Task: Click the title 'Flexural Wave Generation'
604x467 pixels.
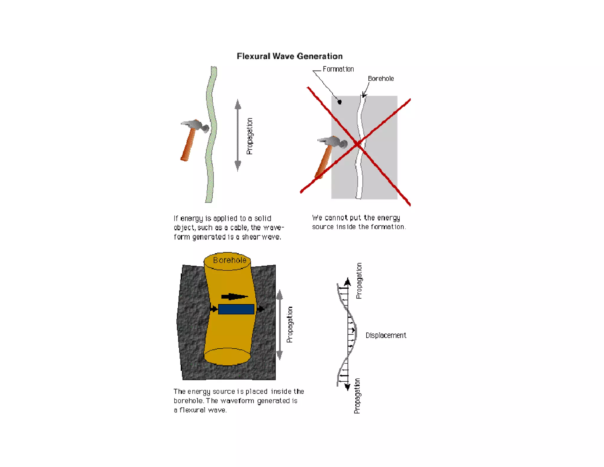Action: tap(290, 56)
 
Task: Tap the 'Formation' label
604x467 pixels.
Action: tap(338, 69)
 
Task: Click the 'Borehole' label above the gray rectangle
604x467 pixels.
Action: tap(380, 79)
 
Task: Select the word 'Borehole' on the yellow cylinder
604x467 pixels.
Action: tap(229, 260)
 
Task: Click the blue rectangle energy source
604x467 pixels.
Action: tap(236, 309)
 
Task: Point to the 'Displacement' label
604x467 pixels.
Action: tap(385, 335)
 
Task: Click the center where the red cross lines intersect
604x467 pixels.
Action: tap(358, 144)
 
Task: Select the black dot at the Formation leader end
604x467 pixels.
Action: tap(339, 102)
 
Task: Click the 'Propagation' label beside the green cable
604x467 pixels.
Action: tap(250, 136)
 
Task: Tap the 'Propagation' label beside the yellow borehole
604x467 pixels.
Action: tap(290, 324)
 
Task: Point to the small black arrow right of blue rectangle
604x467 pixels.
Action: tap(261, 309)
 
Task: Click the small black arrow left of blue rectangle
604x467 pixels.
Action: tap(214, 309)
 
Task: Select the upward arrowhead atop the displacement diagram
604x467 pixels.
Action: tap(348, 282)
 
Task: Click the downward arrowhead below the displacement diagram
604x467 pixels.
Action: tap(347, 387)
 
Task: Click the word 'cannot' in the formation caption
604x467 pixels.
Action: tap(336, 218)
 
